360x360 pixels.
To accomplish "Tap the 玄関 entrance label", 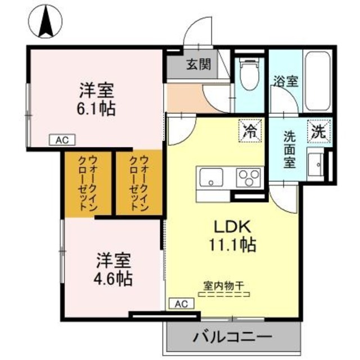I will click(199, 64).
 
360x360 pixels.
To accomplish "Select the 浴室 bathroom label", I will click(285, 80).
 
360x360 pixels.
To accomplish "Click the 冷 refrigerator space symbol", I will click(250, 132).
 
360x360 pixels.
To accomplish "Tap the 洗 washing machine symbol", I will click(318, 132).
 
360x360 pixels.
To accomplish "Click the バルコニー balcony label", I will click(233, 338).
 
